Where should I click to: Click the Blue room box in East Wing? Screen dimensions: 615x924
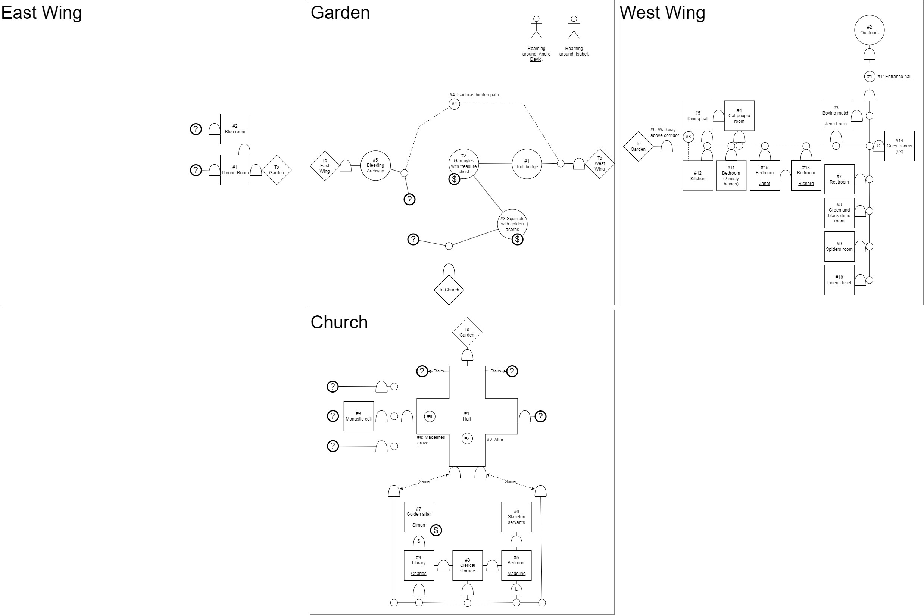235,129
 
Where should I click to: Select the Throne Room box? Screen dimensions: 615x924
235,170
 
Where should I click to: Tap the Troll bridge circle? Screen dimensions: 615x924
527,164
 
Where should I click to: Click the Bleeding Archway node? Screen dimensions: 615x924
375,166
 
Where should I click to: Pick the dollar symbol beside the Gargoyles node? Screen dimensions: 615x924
454,179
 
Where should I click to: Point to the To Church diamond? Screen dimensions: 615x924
449,290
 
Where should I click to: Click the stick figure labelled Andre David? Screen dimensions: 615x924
536,28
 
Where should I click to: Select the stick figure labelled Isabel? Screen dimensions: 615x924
574,28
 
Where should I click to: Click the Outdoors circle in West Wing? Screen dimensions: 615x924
869,30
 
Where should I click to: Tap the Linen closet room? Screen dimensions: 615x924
839,280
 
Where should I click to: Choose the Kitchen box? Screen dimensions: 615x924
698,176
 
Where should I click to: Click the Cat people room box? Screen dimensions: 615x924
739,116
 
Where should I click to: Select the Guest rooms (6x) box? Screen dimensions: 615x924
899,146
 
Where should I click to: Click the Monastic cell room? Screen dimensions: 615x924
359,416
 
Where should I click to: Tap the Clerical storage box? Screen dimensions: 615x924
467,565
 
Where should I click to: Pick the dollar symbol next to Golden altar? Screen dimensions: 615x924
436,530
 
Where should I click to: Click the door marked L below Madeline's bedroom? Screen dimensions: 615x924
516,590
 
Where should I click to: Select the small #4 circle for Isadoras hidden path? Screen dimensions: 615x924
454,104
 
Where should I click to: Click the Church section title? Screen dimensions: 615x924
339,322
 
